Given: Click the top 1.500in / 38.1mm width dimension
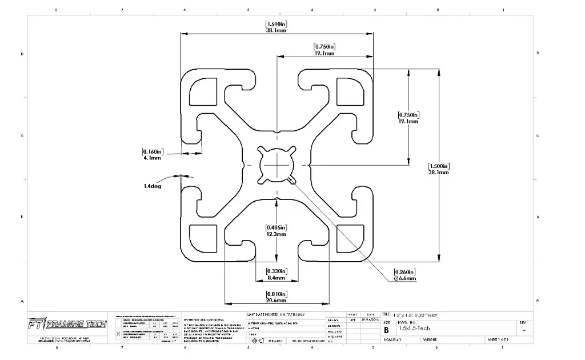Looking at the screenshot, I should [277, 27].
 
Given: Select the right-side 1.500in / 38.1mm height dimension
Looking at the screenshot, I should [439, 169].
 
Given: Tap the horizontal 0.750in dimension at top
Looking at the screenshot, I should [324, 50].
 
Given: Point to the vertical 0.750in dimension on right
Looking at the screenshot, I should [408, 118].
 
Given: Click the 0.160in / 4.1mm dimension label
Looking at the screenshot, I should [153, 154].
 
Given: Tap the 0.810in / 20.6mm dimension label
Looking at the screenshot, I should [276, 297].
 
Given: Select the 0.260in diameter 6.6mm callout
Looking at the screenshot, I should [404, 275].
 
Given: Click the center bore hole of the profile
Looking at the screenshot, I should [277, 165].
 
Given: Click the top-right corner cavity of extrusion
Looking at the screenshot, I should [350, 90].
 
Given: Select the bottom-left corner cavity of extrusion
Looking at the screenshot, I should [202, 237].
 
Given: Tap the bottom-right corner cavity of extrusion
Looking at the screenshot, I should [350, 237].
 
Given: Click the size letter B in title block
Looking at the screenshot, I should [387, 330].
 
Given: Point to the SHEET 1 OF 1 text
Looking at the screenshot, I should [498, 339].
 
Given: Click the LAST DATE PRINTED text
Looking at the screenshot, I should [272, 315].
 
